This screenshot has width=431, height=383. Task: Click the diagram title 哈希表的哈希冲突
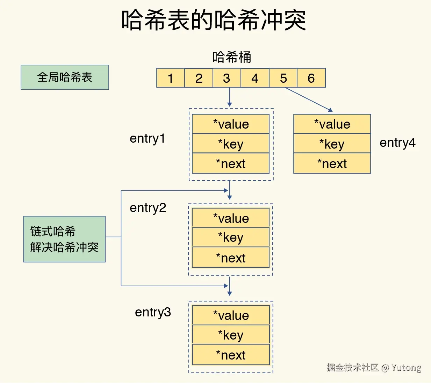pos(214,20)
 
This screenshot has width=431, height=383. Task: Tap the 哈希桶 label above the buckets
pos(232,57)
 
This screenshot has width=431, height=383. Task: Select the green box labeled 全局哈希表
pos(65,77)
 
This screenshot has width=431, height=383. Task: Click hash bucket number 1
pos(171,78)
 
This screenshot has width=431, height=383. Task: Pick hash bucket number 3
pos(227,78)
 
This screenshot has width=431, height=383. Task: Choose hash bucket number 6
pos(311,78)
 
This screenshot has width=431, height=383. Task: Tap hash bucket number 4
pos(255,78)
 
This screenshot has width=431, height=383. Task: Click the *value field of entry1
pos(231,124)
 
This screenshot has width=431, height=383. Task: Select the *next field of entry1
pos(231,164)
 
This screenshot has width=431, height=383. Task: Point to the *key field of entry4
pos(332,144)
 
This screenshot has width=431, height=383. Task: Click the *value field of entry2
pos(231,218)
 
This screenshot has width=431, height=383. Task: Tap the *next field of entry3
pos(231,355)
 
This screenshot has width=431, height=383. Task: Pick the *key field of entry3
pos(231,335)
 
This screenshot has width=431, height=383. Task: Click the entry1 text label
pos(147,138)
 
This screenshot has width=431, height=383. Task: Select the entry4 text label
pos(397,143)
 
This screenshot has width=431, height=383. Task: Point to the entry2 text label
pos(148,208)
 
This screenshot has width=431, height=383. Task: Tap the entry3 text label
pos(153,312)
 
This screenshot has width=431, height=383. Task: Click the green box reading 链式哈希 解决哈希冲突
pos(64,239)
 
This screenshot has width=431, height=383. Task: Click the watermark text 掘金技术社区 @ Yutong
pos(374,367)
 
